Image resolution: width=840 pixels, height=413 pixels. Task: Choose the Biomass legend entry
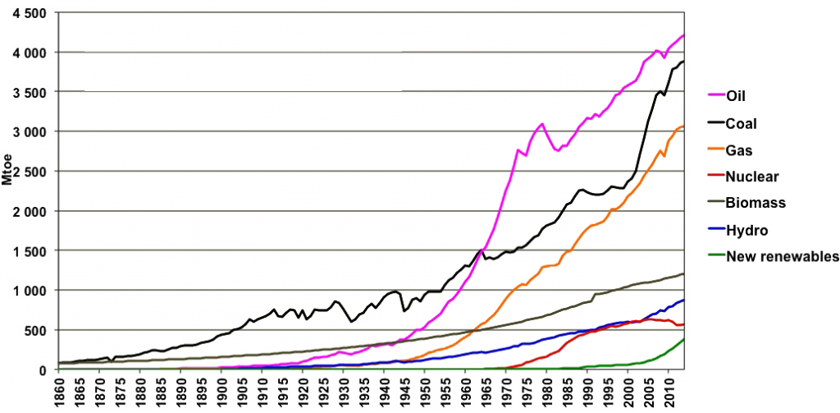(x=752, y=204)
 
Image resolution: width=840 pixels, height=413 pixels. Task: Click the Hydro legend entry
(x=742, y=231)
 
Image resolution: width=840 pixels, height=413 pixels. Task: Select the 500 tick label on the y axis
(x=37, y=330)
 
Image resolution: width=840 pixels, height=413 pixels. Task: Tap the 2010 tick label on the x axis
(x=668, y=388)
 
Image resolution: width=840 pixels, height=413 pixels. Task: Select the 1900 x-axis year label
(x=221, y=388)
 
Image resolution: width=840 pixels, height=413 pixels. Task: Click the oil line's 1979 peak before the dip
(x=542, y=124)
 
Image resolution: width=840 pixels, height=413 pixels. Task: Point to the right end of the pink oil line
(x=683, y=36)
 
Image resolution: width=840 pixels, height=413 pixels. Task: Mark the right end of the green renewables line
(x=683, y=339)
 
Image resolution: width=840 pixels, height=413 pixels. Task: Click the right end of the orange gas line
(x=683, y=126)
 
